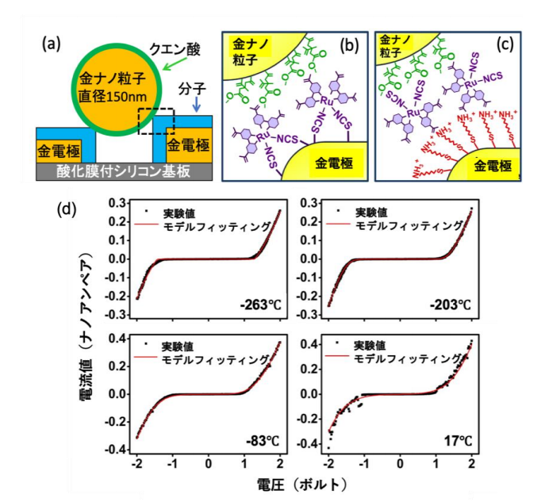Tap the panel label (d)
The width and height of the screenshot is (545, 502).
69,210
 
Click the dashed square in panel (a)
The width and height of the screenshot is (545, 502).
153,121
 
